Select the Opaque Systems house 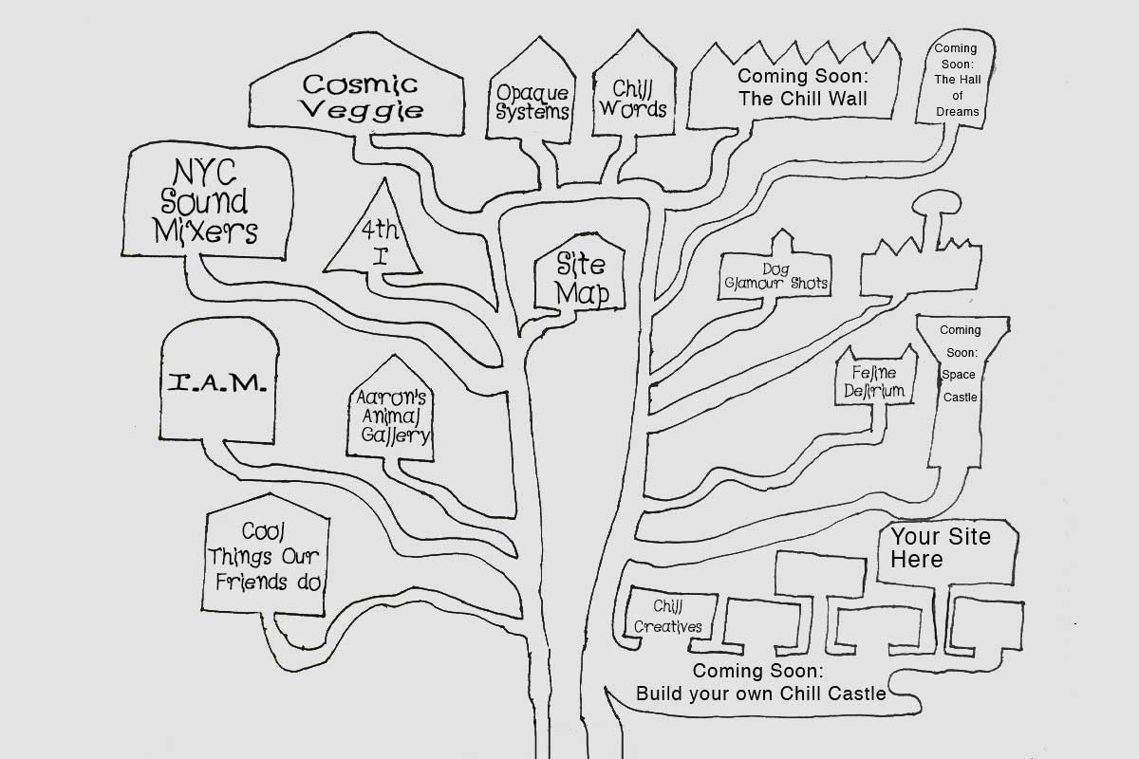point(532,91)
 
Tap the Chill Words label point(632,99)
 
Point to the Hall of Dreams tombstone point(956,79)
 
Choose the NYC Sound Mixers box point(208,200)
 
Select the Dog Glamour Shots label point(776,276)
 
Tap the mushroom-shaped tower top point(936,202)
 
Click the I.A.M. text point(217,382)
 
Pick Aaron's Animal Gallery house point(390,409)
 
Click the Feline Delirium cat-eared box point(875,377)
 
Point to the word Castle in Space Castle point(960,397)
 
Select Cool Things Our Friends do point(265,557)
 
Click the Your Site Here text point(941,547)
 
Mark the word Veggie point(362,111)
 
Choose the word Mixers point(205,231)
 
